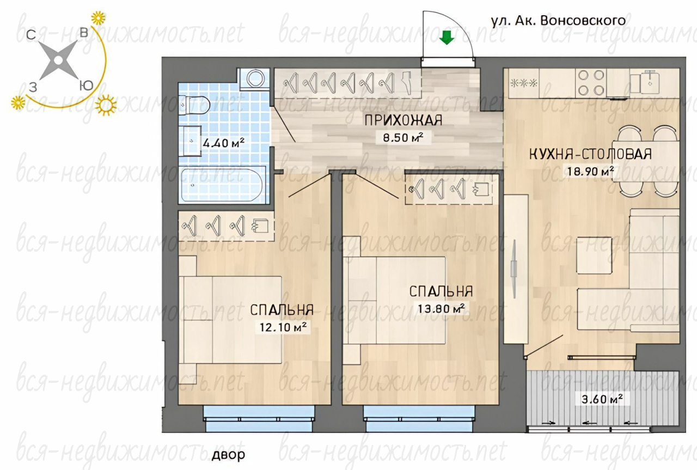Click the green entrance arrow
[x=447, y=38]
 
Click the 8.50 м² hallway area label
[x=403, y=137]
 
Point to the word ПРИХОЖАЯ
[x=403, y=120]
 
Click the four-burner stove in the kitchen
[x=591, y=82]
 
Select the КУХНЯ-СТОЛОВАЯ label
[x=590, y=154]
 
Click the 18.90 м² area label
[x=589, y=171]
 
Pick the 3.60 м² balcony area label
[x=602, y=399]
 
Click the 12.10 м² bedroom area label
[x=283, y=327]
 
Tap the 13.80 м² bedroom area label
[x=441, y=309]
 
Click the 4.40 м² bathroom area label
[x=223, y=143]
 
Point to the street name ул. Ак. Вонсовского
[x=558, y=21]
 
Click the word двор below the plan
[x=228, y=455]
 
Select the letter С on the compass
[x=31, y=35]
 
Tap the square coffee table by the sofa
[x=594, y=255]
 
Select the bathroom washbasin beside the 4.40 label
[x=191, y=141]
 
